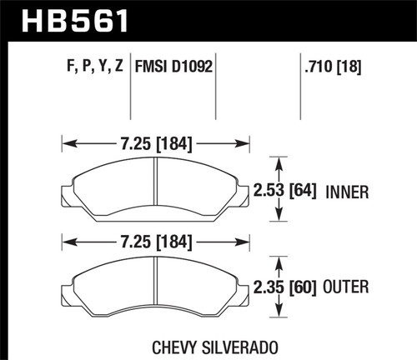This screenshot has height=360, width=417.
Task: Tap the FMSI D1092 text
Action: [177, 62]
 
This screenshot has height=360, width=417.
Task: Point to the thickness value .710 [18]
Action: [330, 62]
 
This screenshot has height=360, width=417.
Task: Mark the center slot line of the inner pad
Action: [157, 187]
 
